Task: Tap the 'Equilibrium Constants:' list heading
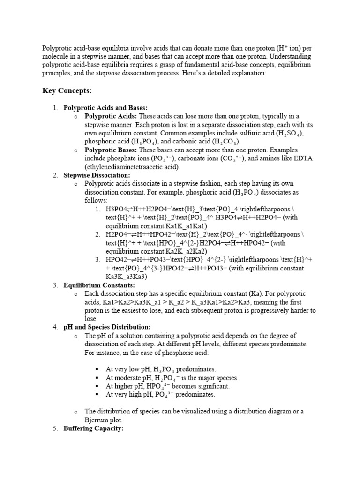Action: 99,285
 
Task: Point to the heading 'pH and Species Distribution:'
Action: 107,327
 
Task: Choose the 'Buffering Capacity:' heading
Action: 93,428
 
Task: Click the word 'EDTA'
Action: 303,158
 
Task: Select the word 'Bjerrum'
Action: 98,420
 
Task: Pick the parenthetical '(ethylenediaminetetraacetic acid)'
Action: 132,167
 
